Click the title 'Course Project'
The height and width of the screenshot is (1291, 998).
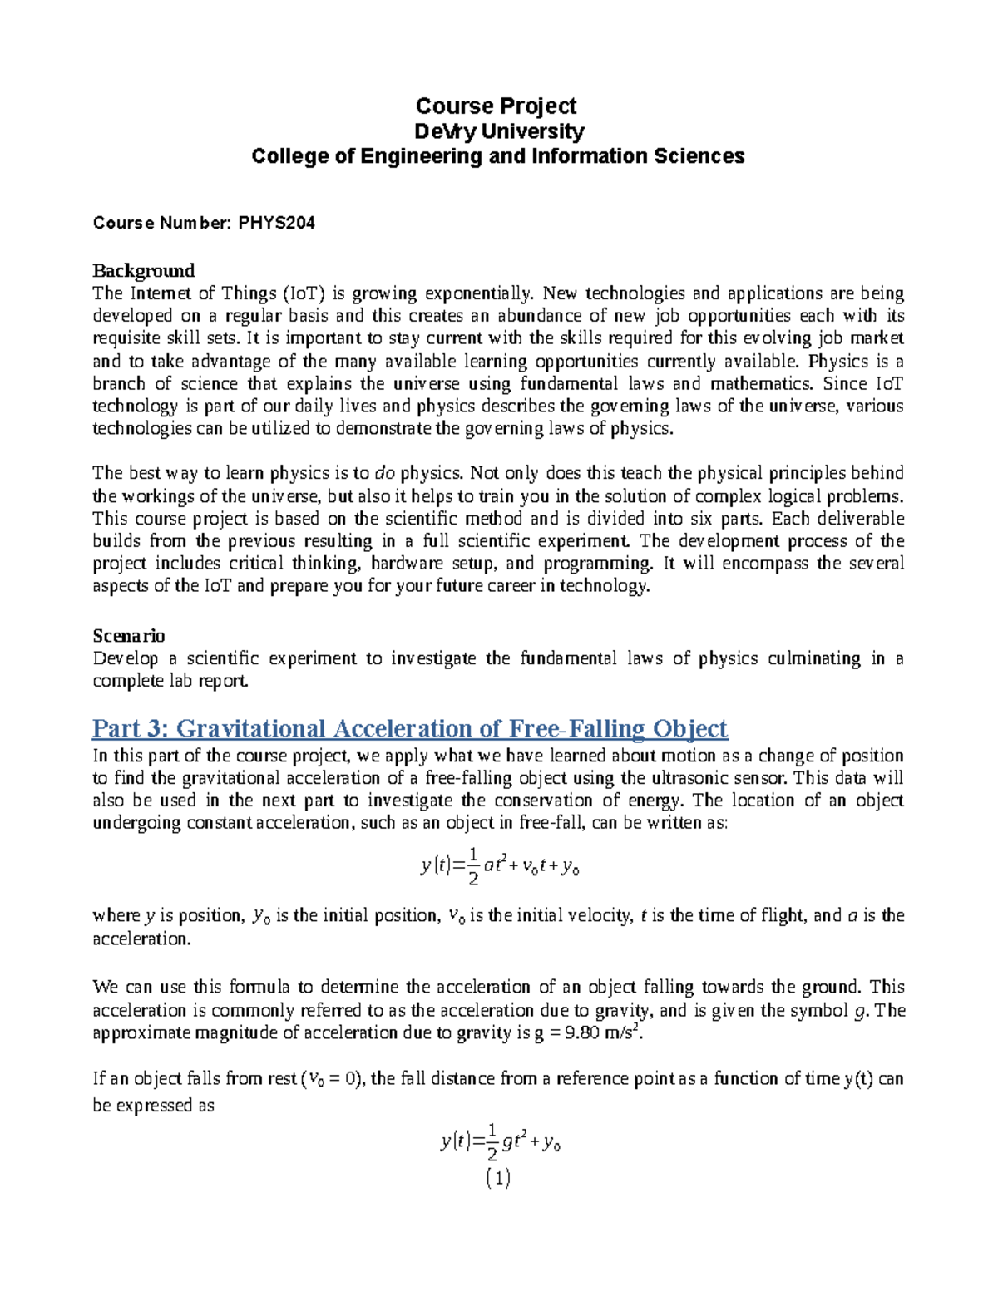(x=496, y=106)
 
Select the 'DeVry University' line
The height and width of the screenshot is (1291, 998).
(x=499, y=131)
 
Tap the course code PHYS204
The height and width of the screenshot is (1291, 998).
(x=276, y=223)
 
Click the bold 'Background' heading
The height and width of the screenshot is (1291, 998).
(x=143, y=270)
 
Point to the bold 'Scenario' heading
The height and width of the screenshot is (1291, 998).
(x=128, y=636)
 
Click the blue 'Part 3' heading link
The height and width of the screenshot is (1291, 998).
(x=409, y=729)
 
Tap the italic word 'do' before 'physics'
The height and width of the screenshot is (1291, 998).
(x=385, y=473)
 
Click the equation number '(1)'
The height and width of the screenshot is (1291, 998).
(x=497, y=1178)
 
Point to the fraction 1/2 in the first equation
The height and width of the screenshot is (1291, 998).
(x=472, y=866)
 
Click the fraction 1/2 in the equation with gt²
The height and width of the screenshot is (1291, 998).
(x=492, y=1142)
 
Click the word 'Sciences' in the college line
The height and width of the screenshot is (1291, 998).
(x=709, y=156)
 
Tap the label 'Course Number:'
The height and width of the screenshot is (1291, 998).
(x=162, y=223)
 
